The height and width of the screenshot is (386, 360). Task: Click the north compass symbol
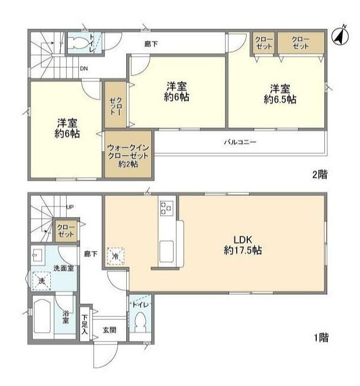pos(340,37)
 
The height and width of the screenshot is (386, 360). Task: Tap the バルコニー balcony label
pos(240,142)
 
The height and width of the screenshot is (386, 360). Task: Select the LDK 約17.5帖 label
pos(243,245)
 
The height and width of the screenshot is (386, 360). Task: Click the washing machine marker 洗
pos(41,281)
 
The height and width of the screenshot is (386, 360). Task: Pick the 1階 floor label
pos(320,337)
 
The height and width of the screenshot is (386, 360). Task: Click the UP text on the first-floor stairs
pos(70,207)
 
